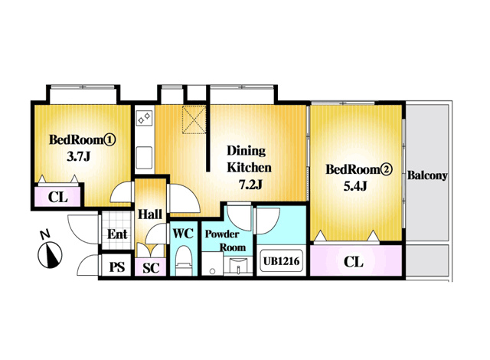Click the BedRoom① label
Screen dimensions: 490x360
pos(82,139)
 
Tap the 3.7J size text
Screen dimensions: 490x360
pos(78,156)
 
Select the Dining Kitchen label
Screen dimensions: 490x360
pos(249,159)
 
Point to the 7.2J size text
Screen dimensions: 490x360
pos(250,185)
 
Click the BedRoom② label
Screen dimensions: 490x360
pos(359,169)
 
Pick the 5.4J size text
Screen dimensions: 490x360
pos(355,186)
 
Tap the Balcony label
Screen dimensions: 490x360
pos(427,175)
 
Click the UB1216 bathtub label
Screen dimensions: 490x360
pos(281,260)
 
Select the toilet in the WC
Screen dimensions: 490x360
pos(184,260)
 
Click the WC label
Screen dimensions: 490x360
pos(183,233)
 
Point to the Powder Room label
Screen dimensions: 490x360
pos(225,241)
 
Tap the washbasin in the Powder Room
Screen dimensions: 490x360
pos(238,267)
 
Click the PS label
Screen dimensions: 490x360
pos(117,267)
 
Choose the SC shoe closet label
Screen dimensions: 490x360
pos(151,268)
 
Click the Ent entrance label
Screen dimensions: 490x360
pos(117,234)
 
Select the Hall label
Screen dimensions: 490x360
pos(150,214)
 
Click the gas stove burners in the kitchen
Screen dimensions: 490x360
pos(145,117)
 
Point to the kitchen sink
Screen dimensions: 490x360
pos(145,158)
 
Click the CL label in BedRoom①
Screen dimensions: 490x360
pos(58,197)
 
